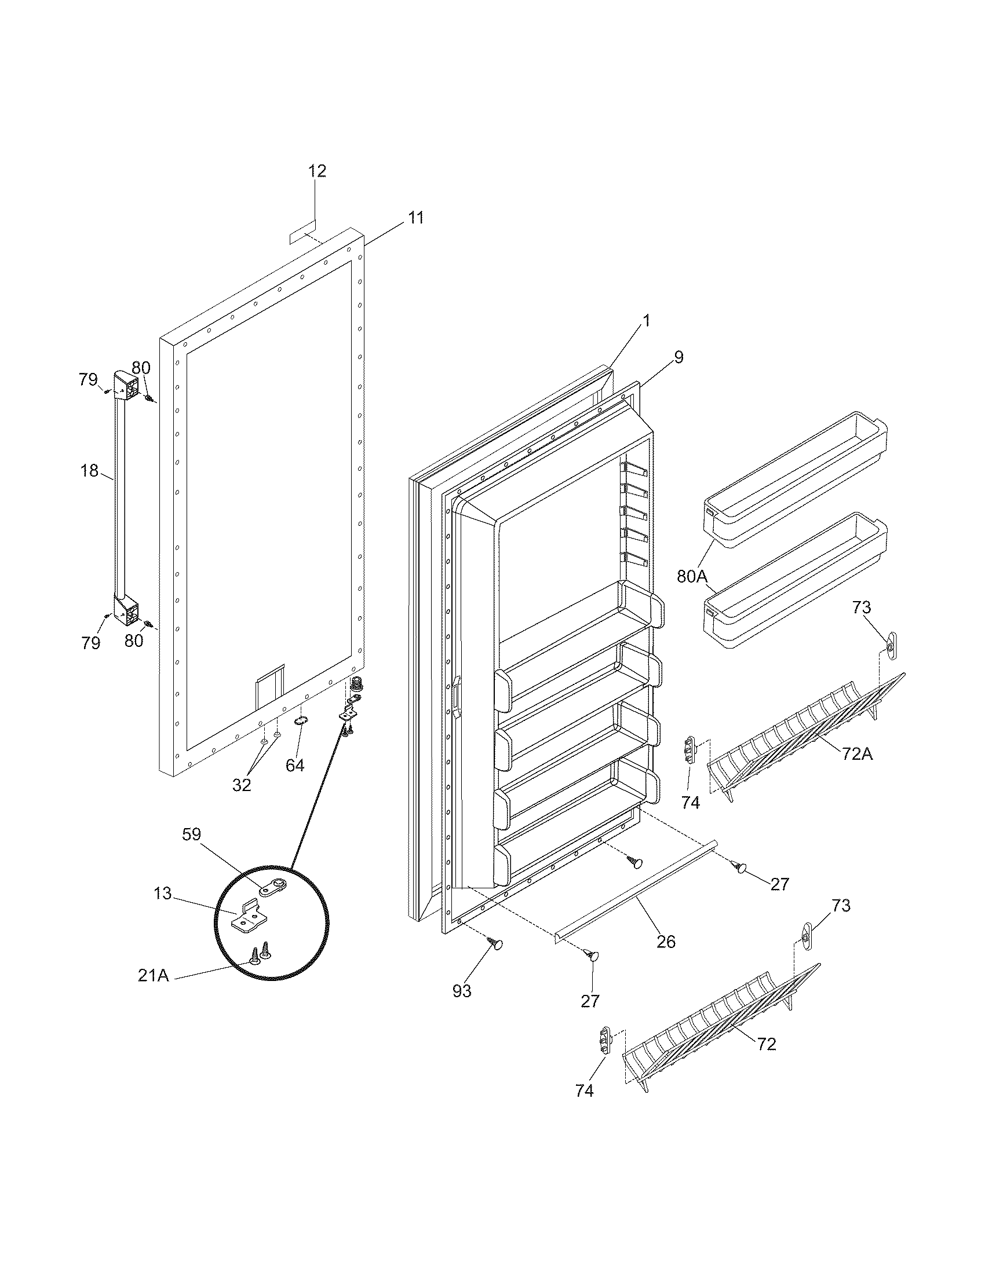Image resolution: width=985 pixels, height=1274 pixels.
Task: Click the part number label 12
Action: [317, 171]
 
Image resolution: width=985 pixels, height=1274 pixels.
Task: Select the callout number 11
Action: [415, 218]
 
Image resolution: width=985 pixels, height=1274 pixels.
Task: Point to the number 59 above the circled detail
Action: [191, 834]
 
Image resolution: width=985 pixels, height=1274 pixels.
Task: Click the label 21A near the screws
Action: [154, 975]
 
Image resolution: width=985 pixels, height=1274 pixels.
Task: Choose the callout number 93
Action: [462, 991]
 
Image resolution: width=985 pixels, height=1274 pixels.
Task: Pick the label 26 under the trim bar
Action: [666, 941]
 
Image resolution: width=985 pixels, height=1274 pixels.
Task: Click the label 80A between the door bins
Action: [692, 576]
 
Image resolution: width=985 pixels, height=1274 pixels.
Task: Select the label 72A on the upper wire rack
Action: [856, 753]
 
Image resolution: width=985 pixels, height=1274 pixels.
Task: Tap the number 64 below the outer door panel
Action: [295, 766]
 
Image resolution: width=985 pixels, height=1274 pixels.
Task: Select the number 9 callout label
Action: [678, 357]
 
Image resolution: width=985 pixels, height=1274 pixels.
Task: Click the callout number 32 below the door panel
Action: [242, 785]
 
